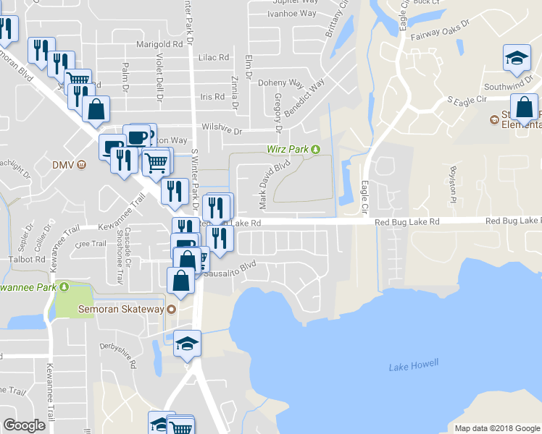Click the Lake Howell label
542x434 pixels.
point(414,367)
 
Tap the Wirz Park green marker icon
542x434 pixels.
point(315,150)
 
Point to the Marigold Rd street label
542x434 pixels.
point(157,45)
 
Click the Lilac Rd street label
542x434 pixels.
point(214,57)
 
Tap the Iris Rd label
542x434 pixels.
point(213,96)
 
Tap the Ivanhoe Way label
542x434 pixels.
point(294,14)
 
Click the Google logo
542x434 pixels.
point(24,425)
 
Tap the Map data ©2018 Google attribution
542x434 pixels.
point(496,428)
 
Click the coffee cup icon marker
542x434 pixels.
point(137,136)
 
